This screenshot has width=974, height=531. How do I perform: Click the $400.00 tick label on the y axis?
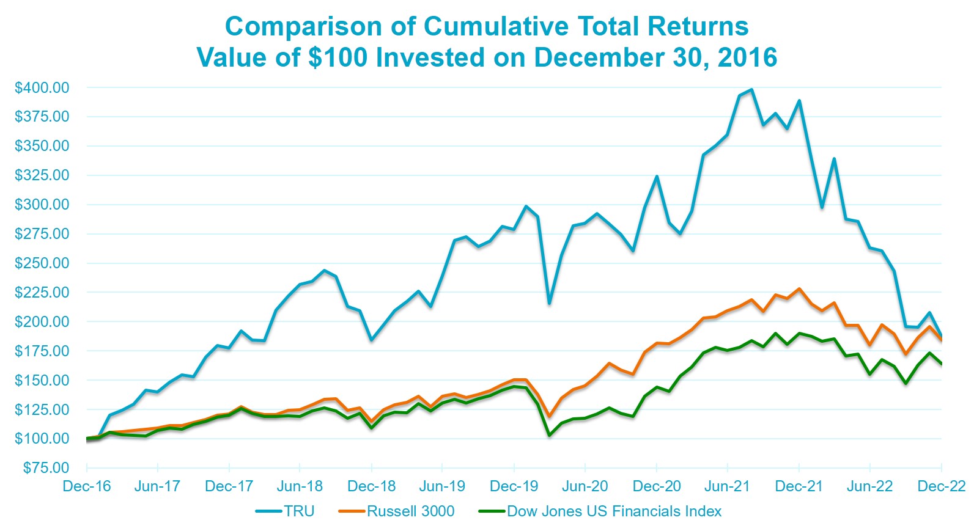click(x=42, y=87)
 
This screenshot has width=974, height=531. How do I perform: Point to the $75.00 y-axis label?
click(x=46, y=468)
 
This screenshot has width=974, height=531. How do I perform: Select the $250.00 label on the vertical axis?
click(x=42, y=263)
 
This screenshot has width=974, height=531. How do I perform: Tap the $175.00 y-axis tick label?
click(x=42, y=351)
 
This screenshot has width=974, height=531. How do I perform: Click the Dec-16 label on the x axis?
click(x=87, y=486)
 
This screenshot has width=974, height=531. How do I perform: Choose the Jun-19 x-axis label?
click(x=442, y=486)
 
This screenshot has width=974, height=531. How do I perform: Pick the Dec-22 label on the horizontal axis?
click(x=942, y=486)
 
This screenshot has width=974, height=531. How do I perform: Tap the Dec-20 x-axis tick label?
click(x=657, y=486)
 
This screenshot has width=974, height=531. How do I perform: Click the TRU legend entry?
click(x=299, y=511)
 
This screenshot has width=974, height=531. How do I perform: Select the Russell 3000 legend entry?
click(x=410, y=511)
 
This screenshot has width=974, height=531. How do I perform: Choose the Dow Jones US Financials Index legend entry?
click(x=614, y=511)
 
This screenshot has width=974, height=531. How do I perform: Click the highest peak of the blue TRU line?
click(x=751, y=89)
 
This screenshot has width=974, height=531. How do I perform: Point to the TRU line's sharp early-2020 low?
click(x=549, y=303)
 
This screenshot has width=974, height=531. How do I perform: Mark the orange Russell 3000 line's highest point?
click(x=799, y=288)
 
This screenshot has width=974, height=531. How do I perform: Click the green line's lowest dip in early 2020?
click(x=549, y=435)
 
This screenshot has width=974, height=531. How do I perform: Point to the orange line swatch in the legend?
click(x=352, y=511)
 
